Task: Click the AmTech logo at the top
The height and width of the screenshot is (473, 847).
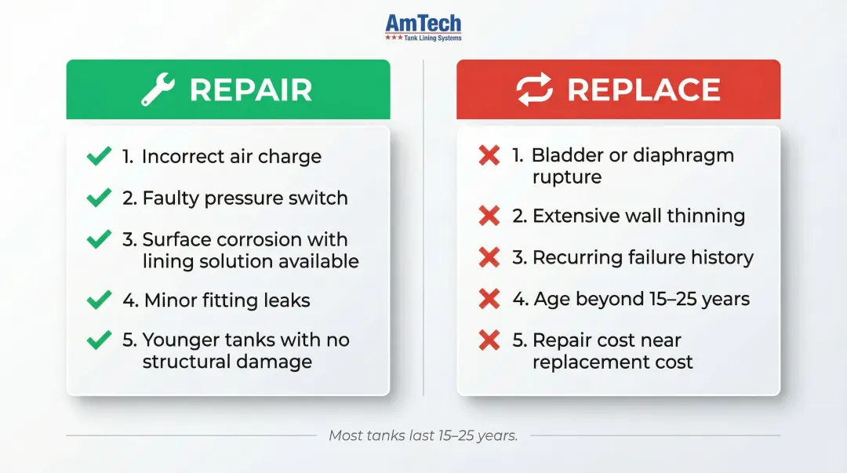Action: pos(423,27)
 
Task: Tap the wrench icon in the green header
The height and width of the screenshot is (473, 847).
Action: pos(158,90)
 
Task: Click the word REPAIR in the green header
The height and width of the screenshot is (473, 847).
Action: pos(251,90)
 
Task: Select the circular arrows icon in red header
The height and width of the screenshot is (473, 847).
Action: pos(534,90)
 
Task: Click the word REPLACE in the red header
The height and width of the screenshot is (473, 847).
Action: pos(644,90)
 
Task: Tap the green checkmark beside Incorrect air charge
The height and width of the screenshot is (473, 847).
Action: pos(99,156)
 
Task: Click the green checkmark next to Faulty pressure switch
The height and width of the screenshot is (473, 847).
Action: pos(99,198)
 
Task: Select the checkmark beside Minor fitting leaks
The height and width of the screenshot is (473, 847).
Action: pos(99,300)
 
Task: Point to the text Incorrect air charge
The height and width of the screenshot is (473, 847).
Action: pos(231,156)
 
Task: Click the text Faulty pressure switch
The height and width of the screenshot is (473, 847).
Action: pos(245,198)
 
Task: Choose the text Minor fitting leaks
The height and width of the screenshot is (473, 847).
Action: pos(227,300)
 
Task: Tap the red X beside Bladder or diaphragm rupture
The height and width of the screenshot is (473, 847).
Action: pos(489,155)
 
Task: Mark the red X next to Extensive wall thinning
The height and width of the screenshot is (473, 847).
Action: pos(489,216)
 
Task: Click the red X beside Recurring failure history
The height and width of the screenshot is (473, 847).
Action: pos(489,257)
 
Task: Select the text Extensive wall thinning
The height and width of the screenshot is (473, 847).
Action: pos(638,216)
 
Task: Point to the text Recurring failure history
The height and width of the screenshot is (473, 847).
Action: pos(643,257)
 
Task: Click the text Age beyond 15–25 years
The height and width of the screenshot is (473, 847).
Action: pos(642,299)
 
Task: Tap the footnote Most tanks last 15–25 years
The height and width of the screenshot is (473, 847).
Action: pos(423,435)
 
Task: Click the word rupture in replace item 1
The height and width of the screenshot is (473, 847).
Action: pos(567,176)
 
